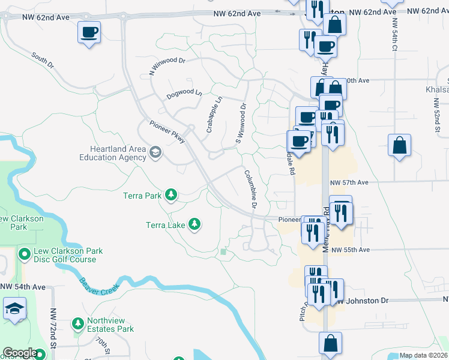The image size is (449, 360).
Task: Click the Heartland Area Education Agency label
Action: pyautogui.click(x=113, y=153)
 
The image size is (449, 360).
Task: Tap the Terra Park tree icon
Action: pyautogui.click(x=172, y=194)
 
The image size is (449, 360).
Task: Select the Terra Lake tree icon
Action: pyautogui.click(x=194, y=224)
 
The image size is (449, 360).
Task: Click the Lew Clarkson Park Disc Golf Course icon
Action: pyautogui.click(x=24, y=255)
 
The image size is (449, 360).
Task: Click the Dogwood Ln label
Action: pyautogui.click(x=184, y=93)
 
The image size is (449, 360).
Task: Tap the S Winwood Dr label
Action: pyautogui.click(x=240, y=124)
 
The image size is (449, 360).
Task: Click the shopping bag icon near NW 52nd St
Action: pyautogui.click(x=399, y=146)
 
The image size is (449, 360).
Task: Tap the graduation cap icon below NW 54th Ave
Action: pyautogui.click(x=13, y=310)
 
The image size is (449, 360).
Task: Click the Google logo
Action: pyautogui.click(x=20, y=353)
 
